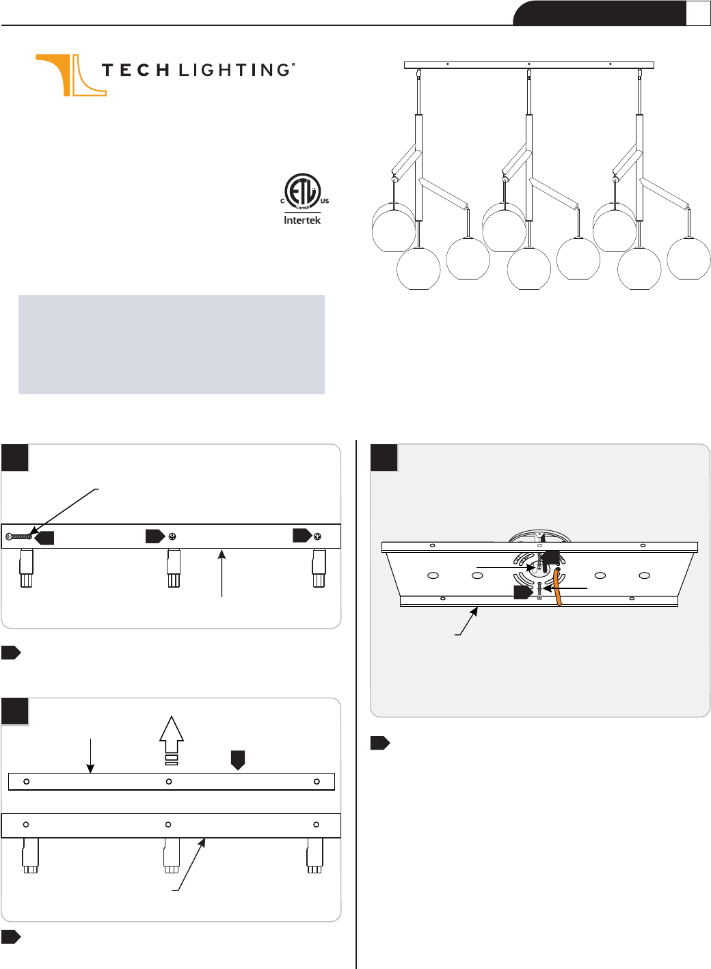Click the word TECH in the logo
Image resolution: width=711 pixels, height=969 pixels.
click(135, 70)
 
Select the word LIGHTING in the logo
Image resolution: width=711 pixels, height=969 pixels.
click(234, 70)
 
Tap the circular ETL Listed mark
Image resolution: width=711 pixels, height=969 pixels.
click(302, 191)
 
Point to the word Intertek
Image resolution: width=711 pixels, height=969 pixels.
click(302, 220)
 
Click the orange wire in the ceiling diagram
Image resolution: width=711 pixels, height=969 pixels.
click(558, 588)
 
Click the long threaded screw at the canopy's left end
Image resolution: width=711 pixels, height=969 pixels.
click(18, 537)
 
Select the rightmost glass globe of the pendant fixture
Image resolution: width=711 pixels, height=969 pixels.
click(688, 258)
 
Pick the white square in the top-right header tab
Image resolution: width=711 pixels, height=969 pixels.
click(698, 14)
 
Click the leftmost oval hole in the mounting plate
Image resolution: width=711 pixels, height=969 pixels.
click(433, 575)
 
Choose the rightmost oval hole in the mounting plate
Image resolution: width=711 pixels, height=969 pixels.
click(645, 575)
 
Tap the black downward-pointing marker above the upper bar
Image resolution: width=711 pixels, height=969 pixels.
click(238, 760)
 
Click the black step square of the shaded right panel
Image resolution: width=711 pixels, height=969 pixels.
click(384, 458)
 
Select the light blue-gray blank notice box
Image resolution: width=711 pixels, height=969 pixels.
click(172, 345)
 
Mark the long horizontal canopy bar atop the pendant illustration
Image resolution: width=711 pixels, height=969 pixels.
click(529, 66)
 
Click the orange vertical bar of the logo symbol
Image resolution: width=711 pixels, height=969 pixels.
click(67, 75)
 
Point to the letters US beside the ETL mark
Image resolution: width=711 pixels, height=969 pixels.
click(325, 201)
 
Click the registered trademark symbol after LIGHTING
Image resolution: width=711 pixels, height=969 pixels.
click(294, 65)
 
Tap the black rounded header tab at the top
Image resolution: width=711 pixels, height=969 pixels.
click(600, 13)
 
